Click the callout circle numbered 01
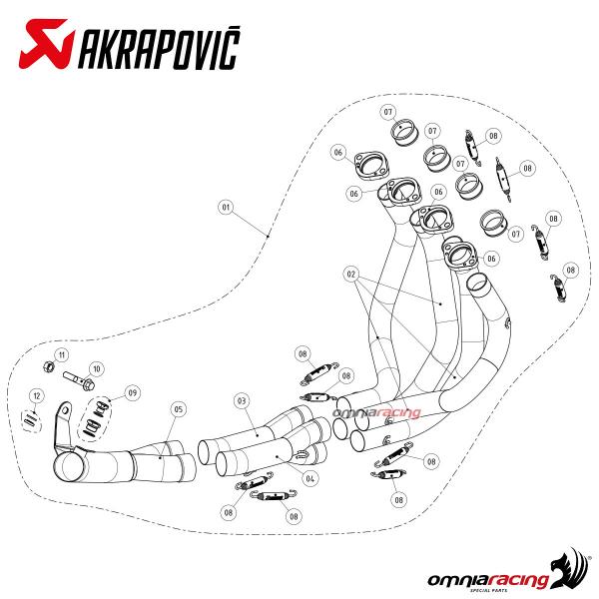pos(226,208)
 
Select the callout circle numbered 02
pos(351,274)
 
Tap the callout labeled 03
pos(242,400)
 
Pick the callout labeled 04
pos(309,478)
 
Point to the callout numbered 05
pos(179,409)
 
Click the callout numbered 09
pos(132,392)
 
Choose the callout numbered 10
pos(96,369)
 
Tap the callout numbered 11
pos(62,354)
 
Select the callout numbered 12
pos(37,395)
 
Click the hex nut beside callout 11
pos(49,367)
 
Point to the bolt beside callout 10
pos(79,379)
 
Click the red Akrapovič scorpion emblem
pos(46,44)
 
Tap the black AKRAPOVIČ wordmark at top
pos(159,47)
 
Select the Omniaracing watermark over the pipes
pos(376,412)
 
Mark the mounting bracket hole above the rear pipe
pos(66,410)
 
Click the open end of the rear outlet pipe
pos(70,468)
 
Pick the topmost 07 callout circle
pos(387,112)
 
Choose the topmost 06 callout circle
pos(338,153)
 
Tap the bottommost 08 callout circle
pos(294,516)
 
